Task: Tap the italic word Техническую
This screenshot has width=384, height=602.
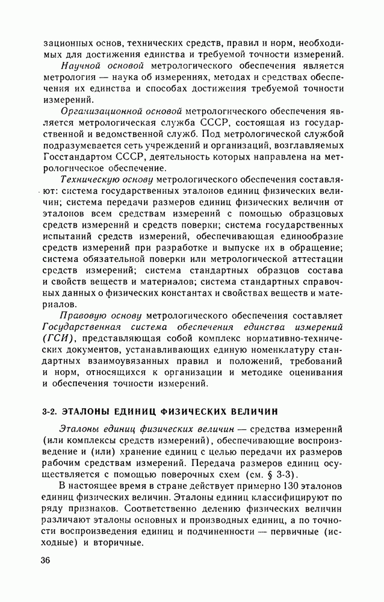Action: (x=91, y=180)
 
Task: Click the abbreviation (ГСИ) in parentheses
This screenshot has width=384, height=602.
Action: (x=60, y=338)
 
